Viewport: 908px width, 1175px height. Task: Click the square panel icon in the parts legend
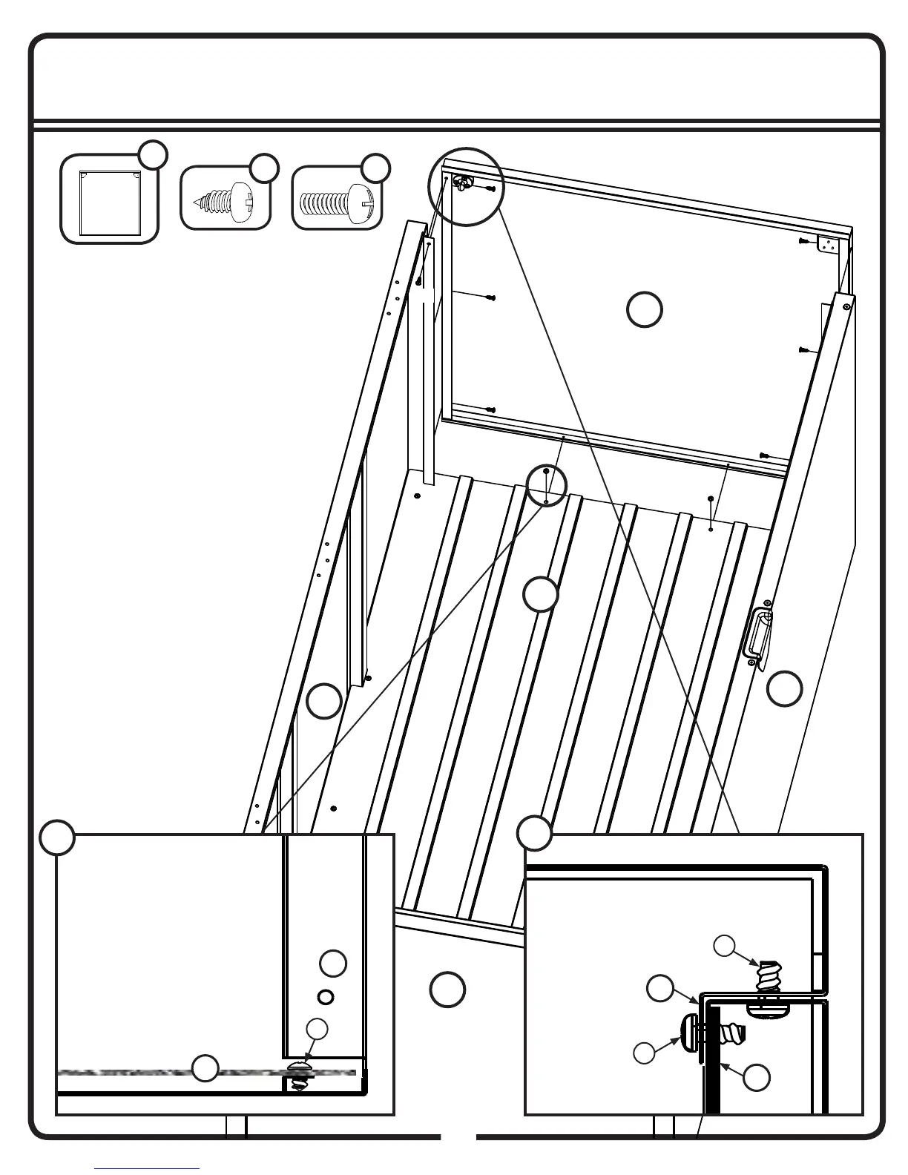tap(109, 199)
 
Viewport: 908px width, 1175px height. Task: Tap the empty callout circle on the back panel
tap(645, 309)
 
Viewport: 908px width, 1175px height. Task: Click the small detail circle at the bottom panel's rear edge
tap(547, 486)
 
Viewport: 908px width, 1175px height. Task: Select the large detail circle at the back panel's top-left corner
tap(467, 186)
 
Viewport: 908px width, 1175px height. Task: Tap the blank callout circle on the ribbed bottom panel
tap(541, 594)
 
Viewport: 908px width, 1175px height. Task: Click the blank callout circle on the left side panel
tap(324, 701)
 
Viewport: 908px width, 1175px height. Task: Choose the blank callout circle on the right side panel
tap(784, 688)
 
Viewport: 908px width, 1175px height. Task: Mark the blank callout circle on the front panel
tap(447, 990)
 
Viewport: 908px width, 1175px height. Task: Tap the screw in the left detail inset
tap(299, 1074)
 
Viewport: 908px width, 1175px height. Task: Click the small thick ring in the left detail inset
tap(325, 996)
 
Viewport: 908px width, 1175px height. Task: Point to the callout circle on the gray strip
tap(205, 1068)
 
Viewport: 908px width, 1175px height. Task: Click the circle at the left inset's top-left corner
tap(57, 837)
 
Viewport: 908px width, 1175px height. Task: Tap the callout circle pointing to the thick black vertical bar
tap(756, 1078)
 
